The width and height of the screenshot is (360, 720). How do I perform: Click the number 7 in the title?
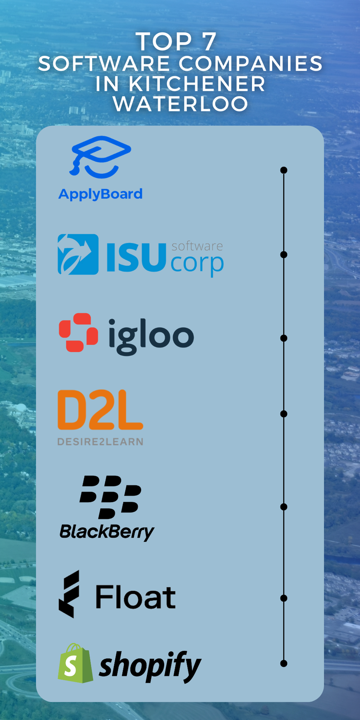tap(208, 42)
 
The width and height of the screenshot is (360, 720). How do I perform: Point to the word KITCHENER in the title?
tap(197, 84)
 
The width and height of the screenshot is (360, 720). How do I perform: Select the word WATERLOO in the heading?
tap(180, 104)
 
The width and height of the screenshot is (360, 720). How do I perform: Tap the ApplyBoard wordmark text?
tap(100, 194)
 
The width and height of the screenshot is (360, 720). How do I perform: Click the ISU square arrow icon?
tap(78, 254)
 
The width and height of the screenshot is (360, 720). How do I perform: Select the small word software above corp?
tap(197, 246)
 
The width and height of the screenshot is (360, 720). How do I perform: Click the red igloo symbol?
tap(78, 332)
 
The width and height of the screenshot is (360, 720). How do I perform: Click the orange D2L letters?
tap(100, 410)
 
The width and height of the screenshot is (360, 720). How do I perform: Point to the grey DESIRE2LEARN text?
tap(100, 442)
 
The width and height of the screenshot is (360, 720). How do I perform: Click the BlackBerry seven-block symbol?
tap(110, 497)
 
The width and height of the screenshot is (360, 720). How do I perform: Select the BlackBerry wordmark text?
tap(107, 531)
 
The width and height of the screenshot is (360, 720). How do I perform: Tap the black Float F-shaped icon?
tap(69, 594)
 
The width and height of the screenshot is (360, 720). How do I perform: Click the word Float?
tap(135, 597)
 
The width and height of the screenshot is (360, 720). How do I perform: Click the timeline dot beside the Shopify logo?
tap(284, 663)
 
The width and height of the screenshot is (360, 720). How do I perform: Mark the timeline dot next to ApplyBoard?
tap(284, 170)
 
